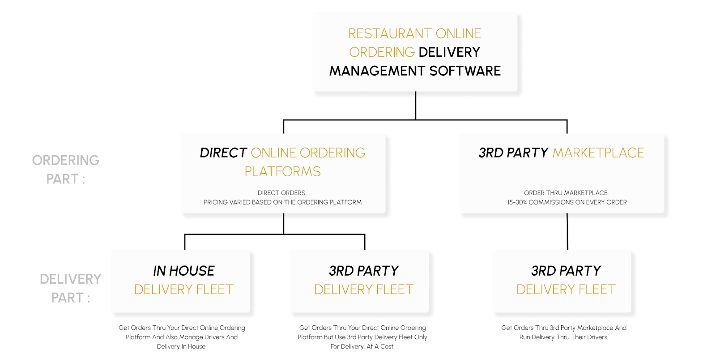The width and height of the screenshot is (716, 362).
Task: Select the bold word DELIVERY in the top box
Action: click(449, 52)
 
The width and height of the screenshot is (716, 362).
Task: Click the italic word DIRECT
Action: click(223, 153)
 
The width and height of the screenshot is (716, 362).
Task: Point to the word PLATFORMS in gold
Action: click(282, 172)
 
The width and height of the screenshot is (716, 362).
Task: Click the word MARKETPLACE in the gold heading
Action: click(598, 153)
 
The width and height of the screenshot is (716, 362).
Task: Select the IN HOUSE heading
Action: click(184, 271)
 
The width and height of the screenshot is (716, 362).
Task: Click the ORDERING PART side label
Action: click(66, 170)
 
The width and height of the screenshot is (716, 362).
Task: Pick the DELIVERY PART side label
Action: click(70, 288)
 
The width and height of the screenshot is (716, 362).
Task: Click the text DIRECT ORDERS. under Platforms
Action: click(282, 193)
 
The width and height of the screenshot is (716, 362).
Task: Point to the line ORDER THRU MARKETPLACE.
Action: click(566, 193)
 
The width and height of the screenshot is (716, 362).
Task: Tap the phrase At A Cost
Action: click(380, 346)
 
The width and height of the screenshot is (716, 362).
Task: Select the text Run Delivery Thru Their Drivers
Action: click(564, 337)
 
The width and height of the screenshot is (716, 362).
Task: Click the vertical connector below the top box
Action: click(416, 106)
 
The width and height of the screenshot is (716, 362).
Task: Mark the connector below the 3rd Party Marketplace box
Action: click(567, 231)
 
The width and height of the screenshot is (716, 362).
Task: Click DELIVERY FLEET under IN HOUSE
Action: click(183, 290)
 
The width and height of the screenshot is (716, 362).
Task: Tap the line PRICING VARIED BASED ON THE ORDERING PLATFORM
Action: click(282, 202)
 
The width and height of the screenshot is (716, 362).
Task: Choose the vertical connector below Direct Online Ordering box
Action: click(284, 223)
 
